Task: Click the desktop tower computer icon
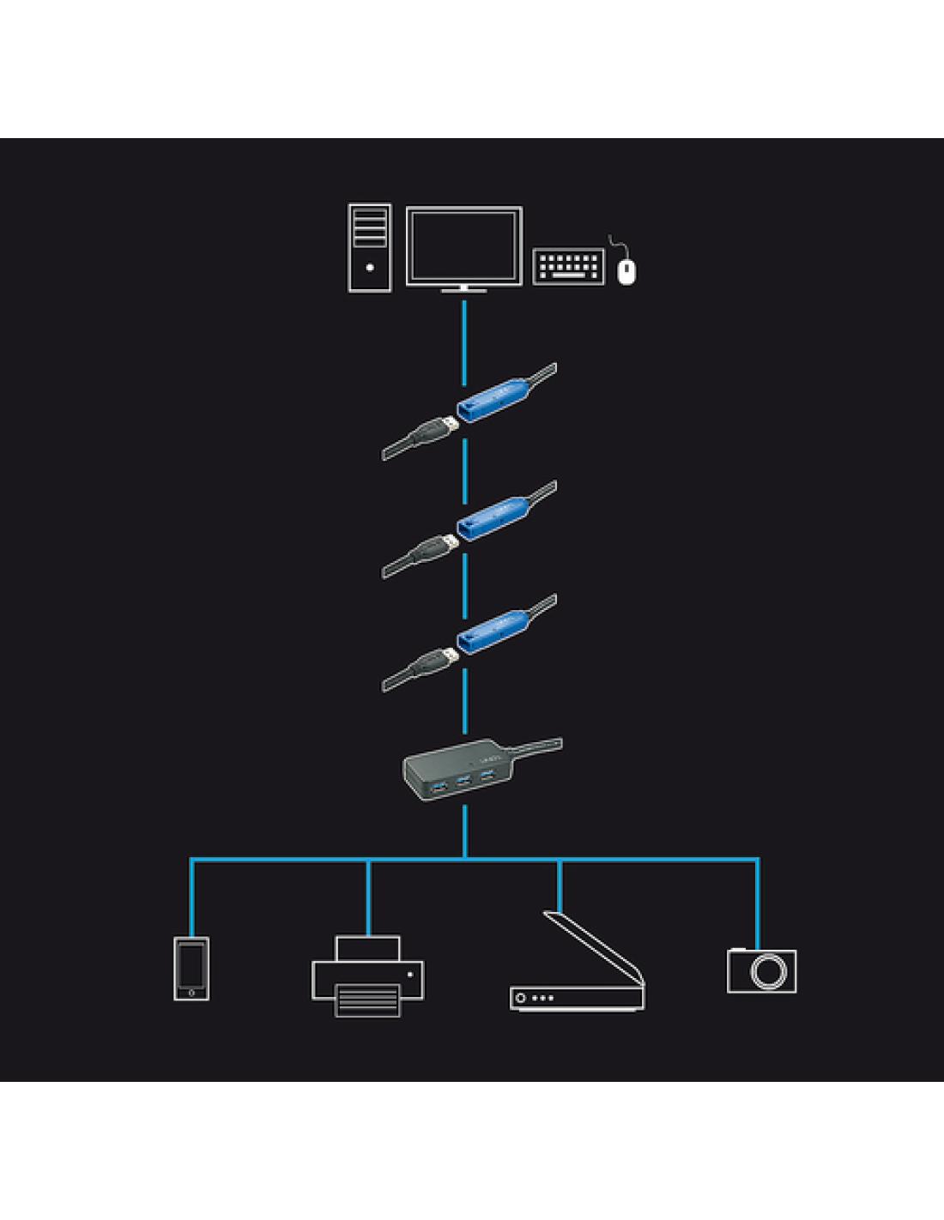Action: (x=370, y=248)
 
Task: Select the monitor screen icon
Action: (x=463, y=245)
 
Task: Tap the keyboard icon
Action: (x=568, y=266)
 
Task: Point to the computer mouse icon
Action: (x=627, y=270)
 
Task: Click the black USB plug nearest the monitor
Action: (x=433, y=432)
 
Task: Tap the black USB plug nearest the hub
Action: (x=433, y=664)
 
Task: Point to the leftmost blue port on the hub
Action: (x=438, y=786)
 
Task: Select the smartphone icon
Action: (x=191, y=969)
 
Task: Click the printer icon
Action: (x=367, y=977)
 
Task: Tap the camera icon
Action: (x=762, y=970)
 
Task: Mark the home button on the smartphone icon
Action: (x=191, y=994)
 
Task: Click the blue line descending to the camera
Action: (x=758, y=901)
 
